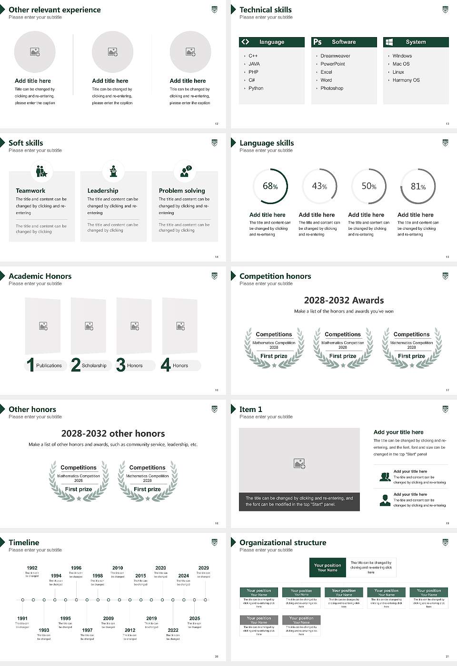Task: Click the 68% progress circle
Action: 270,186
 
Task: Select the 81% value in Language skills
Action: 418,186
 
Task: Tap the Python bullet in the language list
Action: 256,88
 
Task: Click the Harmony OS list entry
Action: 406,80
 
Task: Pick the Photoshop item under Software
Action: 332,88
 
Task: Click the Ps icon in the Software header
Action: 318,42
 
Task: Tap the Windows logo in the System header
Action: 389,42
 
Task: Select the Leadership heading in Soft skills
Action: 103,191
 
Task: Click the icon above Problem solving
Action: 185,171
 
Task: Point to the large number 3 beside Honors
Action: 121,365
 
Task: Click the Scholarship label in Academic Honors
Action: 94,366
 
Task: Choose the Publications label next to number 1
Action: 49,366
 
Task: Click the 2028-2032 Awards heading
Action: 344,301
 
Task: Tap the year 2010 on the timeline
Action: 118,568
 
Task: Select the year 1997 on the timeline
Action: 87,630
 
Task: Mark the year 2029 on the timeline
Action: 203,568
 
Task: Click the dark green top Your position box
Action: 328,568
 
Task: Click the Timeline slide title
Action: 24,543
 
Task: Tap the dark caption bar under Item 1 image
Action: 299,501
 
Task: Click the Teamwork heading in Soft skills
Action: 30,191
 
